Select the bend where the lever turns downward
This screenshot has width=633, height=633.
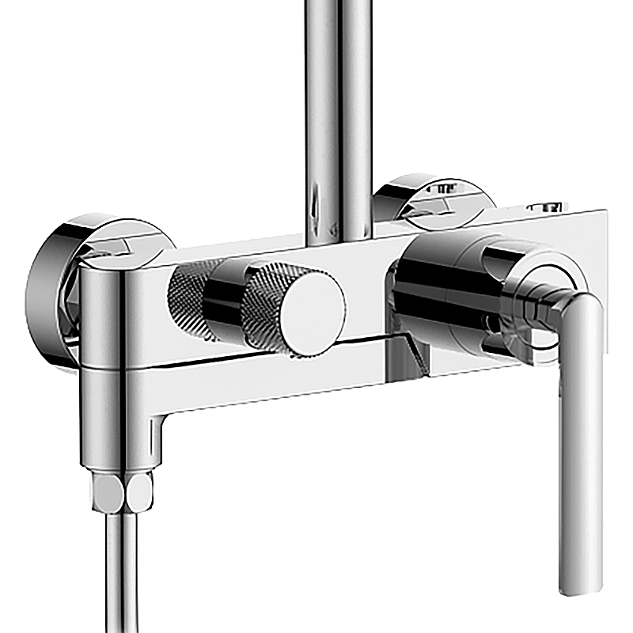(582, 305)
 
